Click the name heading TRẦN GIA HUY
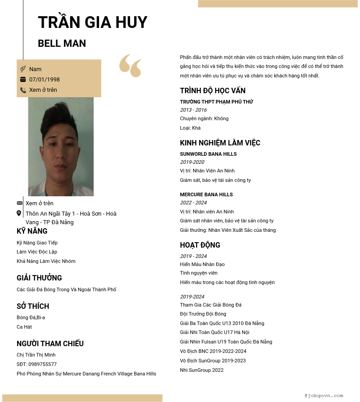point(93,23)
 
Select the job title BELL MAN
point(62,44)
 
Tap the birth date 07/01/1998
point(45,80)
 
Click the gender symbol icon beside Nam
point(23,69)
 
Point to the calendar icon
point(23,80)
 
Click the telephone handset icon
point(23,90)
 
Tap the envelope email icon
point(19,203)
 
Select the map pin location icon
point(19,213)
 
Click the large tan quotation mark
point(130,66)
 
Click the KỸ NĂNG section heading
point(32,231)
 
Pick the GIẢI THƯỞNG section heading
point(39,278)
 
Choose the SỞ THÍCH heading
point(33,307)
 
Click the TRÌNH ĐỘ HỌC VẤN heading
point(213,91)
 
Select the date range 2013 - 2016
point(193,110)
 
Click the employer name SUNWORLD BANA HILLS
point(208,154)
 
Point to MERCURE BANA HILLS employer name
point(207,194)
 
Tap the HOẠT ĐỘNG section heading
point(200,245)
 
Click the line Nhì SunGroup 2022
point(202,370)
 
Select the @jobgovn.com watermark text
point(324,396)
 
